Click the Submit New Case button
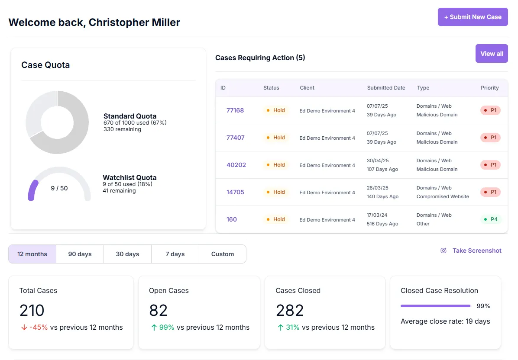pyautogui.click(x=473, y=17)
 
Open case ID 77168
pyautogui.click(x=235, y=110)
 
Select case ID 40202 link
pyautogui.click(x=236, y=165)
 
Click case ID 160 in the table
pyautogui.click(x=232, y=219)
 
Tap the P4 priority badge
pyautogui.click(x=491, y=219)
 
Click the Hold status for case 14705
pyautogui.click(x=276, y=192)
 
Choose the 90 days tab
pyautogui.click(x=80, y=254)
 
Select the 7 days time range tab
pyautogui.click(x=175, y=254)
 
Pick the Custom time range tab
pyautogui.click(x=223, y=254)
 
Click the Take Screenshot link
pyautogui.click(x=476, y=251)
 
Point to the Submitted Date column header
pyautogui.click(x=386, y=88)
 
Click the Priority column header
pyautogui.click(x=489, y=88)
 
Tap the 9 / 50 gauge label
pyautogui.click(x=59, y=188)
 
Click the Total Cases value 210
pyautogui.click(x=32, y=310)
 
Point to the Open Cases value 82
pyautogui.click(x=158, y=310)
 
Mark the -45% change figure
pyautogui.click(x=38, y=328)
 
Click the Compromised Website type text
pyautogui.click(x=442, y=196)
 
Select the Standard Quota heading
pyautogui.click(x=130, y=116)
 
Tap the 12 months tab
pyautogui.click(x=32, y=254)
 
